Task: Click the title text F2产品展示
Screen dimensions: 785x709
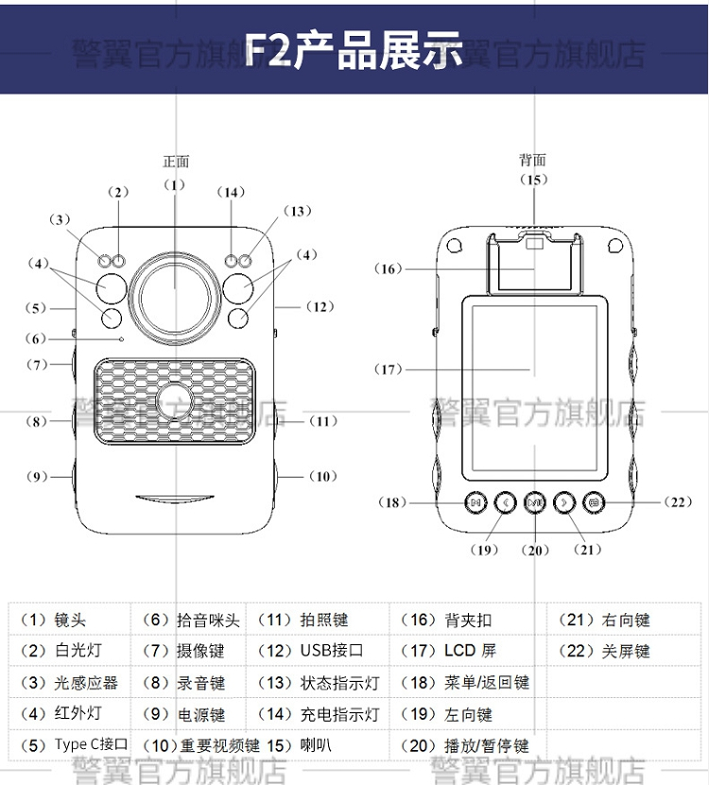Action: tap(354, 50)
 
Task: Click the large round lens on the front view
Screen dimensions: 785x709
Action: tap(174, 288)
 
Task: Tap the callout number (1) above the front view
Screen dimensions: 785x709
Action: tap(174, 184)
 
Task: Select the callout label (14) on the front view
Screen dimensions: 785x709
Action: tap(231, 192)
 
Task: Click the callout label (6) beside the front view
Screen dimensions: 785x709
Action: tap(35, 338)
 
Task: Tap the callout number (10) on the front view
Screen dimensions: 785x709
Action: tap(320, 476)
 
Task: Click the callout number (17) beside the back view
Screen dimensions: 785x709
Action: tap(389, 369)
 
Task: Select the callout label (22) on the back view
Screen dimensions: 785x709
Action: tap(680, 503)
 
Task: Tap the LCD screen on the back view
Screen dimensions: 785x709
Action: tap(530, 387)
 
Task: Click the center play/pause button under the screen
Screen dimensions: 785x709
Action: tap(534, 503)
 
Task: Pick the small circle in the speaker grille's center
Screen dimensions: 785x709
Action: tap(174, 399)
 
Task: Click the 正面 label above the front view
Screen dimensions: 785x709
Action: tap(176, 162)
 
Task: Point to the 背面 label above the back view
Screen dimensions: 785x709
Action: tap(532, 161)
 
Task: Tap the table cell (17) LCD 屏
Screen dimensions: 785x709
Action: tap(452, 651)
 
